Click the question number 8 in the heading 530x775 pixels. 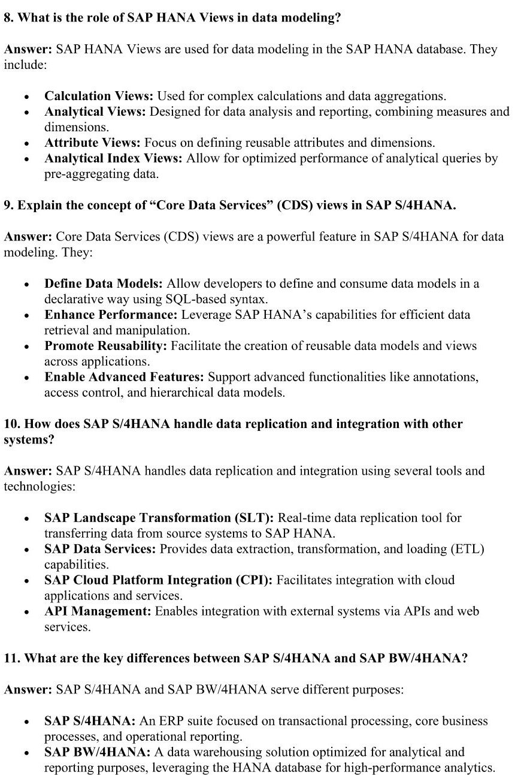8,18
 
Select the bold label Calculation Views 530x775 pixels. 98,96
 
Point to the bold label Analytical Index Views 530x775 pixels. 113,158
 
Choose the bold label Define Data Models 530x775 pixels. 104,284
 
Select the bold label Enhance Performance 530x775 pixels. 111,315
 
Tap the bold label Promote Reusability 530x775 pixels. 106,346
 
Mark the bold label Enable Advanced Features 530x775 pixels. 124,377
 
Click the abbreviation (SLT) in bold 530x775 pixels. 256,518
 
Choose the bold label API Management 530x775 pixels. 98,611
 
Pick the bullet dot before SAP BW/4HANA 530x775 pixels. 27,753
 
